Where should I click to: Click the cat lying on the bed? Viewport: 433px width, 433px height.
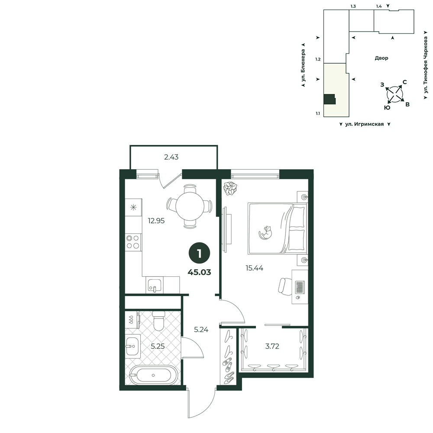pyautogui.click(x=265, y=233)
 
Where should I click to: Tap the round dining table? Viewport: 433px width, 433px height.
pyautogui.click(x=190, y=207)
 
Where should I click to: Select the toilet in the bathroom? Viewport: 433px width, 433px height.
pyautogui.click(x=159, y=320)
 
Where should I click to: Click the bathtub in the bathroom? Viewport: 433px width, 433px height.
pyautogui.click(x=153, y=375)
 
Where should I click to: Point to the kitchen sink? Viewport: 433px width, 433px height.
pyautogui.click(x=155, y=285)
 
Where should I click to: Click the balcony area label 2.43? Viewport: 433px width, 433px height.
pyautogui.click(x=171, y=157)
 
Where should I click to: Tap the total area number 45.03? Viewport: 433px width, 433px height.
pyautogui.click(x=199, y=272)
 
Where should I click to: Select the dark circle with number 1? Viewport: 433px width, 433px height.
pyautogui.click(x=199, y=253)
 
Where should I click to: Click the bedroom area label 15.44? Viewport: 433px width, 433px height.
pyautogui.click(x=254, y=268)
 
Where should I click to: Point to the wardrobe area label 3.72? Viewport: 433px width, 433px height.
pyautogui.click(x=272, y=346)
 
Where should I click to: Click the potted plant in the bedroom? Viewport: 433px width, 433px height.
pyautogui.click(x=230, y=188)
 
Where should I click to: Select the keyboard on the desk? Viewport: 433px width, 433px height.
pyautogui.click(x=300, y=288)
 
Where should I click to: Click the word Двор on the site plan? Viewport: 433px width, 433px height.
pyautogui.click(x=381, y=58)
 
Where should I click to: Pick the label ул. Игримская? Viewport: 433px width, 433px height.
pyautogui.click(x=365, y=124)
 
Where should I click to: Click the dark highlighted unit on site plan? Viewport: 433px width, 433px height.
pyautogui.click(x=330, y=99)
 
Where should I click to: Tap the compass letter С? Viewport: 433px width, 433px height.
pyautogui.click(x=404, y=82)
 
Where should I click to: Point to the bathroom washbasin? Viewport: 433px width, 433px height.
pyautogui.click(x=133, y=346)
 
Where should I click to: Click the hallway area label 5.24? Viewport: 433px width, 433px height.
pyautogui.click(x=201, y=330)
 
